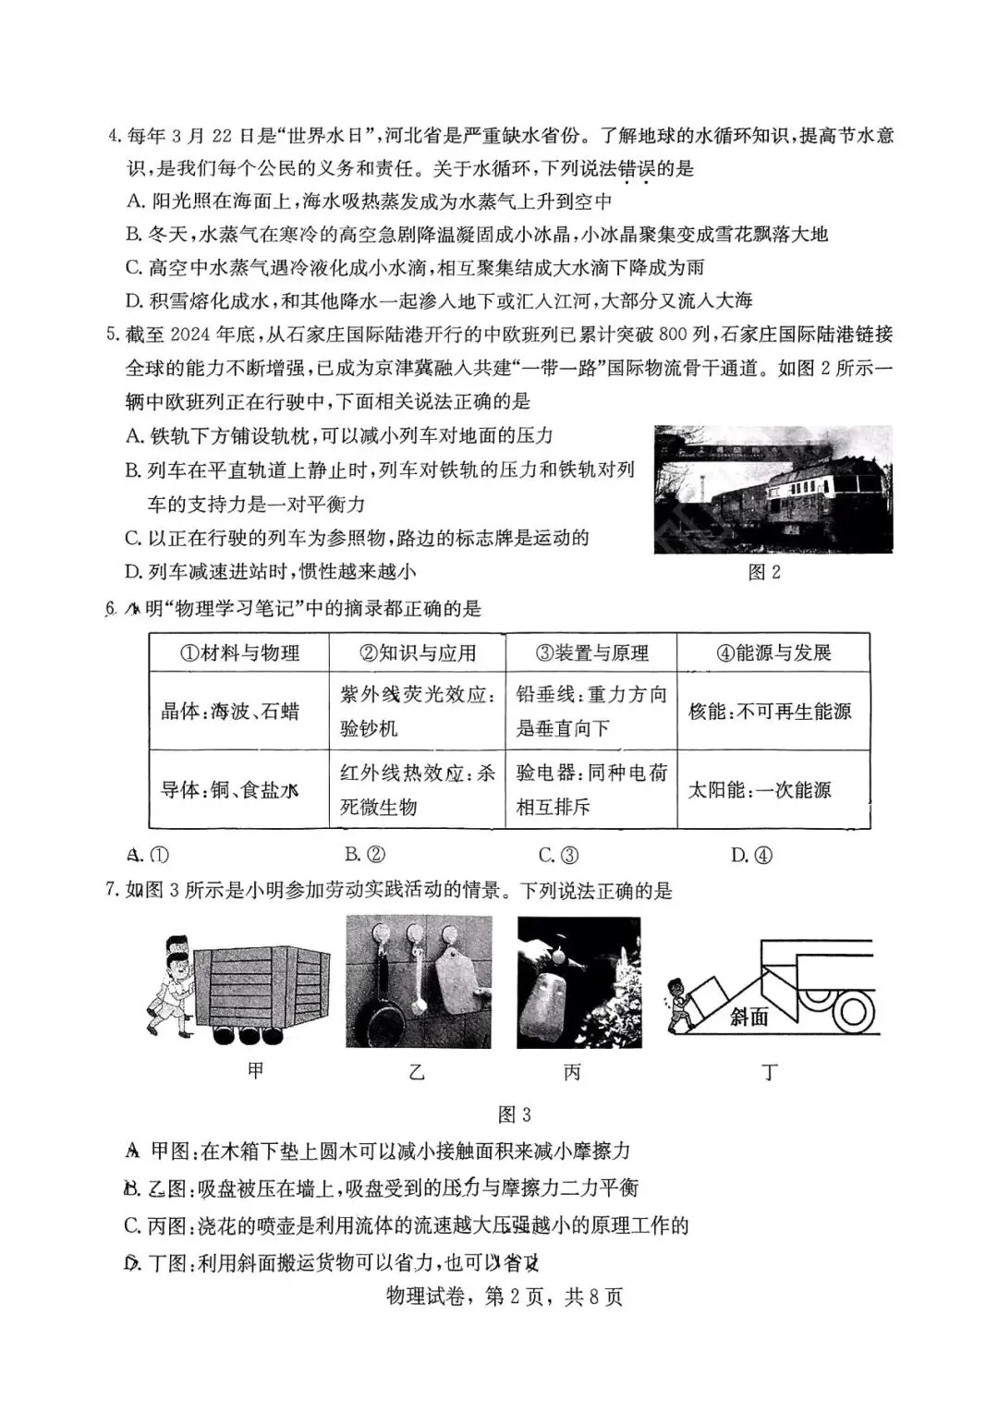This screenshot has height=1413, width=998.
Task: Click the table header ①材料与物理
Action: tap(239, 652)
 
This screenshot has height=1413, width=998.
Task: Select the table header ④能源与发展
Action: tap(773, 652)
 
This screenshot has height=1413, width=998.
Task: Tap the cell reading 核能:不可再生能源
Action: tap(770, 711)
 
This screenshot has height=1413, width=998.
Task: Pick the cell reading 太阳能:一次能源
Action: tap(760, 790)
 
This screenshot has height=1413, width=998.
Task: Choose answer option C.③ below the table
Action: tap(558, 856)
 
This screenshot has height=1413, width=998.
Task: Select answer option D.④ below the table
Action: tap(751, 856)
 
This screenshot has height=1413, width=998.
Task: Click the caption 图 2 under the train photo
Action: tap(763, 572)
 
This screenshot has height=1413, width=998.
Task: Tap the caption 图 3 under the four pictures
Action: tap(514, 1115)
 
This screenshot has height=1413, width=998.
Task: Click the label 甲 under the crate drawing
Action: tap(256, 1070)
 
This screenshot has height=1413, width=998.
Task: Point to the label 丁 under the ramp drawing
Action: tap(769, 1072)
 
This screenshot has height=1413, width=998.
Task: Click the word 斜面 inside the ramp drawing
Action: tap(748, 1017)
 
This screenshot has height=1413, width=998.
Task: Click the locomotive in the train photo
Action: tap(813, 499)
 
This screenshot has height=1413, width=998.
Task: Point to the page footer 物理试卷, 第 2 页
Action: tap(530, 1297)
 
